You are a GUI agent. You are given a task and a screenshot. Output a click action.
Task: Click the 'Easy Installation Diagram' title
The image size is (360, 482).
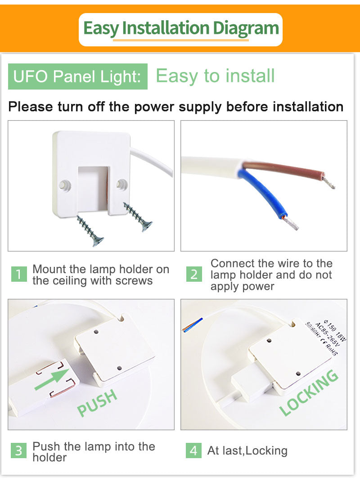(181, 28)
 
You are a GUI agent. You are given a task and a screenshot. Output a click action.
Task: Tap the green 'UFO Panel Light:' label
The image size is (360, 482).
(77, 77)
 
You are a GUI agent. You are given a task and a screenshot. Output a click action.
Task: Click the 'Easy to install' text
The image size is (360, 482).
(215, 76)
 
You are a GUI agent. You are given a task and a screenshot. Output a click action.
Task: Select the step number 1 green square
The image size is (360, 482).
(18, 274)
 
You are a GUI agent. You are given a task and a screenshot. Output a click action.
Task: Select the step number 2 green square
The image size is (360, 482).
(193, 274)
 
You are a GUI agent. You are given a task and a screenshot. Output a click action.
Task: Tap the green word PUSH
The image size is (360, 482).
(97, 403)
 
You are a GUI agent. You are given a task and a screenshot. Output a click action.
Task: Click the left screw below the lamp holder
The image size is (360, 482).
(90, 230)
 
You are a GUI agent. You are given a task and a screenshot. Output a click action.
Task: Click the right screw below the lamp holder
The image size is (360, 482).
(138, 217)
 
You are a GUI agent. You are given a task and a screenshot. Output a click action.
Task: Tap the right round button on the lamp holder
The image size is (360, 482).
(121, 183)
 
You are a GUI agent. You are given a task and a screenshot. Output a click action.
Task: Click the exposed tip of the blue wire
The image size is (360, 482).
(291, 223)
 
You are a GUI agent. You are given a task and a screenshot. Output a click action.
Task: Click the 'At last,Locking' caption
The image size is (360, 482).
(247, 450)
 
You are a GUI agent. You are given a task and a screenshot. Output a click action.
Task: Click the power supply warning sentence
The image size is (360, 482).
(176, 107)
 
